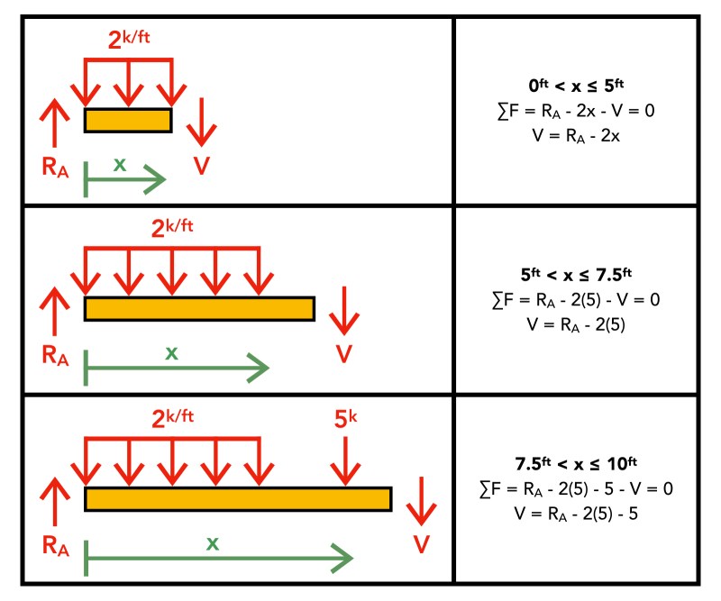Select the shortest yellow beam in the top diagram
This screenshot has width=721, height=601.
[127, 120]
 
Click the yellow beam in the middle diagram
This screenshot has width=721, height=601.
[199, 308]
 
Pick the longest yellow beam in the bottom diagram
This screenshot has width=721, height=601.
[238, 498]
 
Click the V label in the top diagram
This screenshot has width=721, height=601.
[202, 167]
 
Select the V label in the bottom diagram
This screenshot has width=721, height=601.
[420, 544]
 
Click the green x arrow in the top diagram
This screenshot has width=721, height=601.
[125, 179]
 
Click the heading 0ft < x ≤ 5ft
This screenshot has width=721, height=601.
[577, 86]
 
